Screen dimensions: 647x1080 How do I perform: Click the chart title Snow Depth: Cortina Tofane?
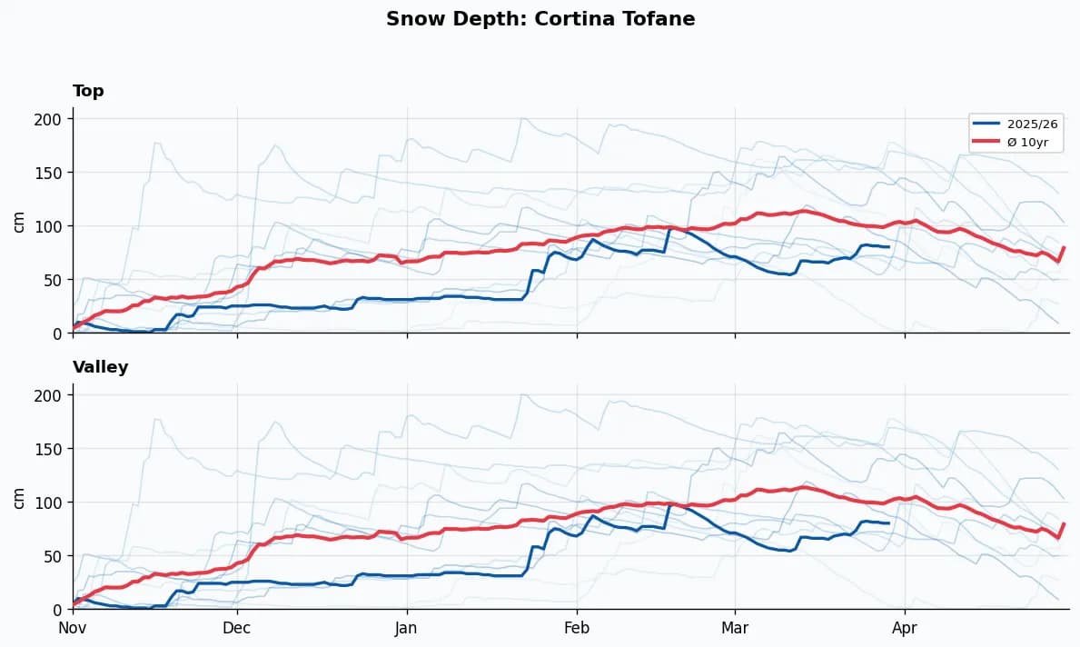click(x=540, y=19)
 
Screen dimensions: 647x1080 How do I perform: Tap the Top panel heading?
click(x=88, y=91)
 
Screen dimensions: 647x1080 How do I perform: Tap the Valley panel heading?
click(x=100, y=367)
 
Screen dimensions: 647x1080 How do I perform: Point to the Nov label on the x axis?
click(x=73, y=627)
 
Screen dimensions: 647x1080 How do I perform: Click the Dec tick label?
click(x=237, y=627)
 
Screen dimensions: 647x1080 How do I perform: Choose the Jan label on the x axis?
click(x=407, y=627)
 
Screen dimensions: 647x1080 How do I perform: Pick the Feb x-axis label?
click(x=577, y=627)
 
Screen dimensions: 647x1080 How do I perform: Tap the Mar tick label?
click(x=735, y=627)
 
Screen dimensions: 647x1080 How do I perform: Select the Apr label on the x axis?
click(x=905, y=627)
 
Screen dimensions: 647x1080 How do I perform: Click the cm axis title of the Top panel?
click(x=19, y=221)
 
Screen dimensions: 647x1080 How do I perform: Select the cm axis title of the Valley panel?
click(x=19, y=497)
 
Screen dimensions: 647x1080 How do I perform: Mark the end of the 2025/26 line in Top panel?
click(x=888, y=246)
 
